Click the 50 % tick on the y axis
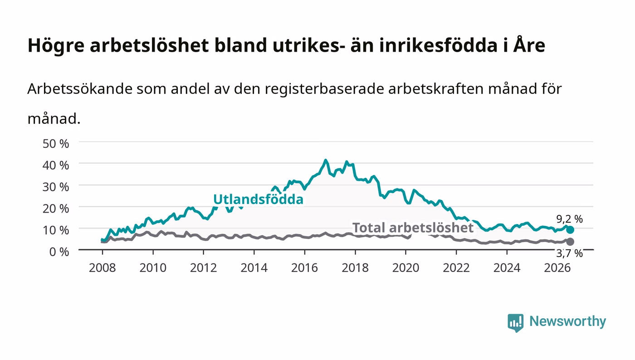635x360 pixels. (x=56, y=144)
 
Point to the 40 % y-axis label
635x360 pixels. (x=56, y=165)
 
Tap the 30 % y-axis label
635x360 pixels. (x=56, y=187)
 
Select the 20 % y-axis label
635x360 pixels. (x=56, y=209)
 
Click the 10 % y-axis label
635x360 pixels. (x=56, y=230)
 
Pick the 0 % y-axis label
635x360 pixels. (x=59, y=252)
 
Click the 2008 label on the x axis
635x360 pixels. (x=103, y=268)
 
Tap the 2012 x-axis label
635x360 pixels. (x=204, y=268)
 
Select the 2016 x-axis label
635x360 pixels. (x=304, y=268)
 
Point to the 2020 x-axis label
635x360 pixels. (x=405, y=268)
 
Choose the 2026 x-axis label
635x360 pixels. (x=557, y=268)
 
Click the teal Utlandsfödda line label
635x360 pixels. (x=258, y=199)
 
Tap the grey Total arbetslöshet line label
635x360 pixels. (x=413, y=228)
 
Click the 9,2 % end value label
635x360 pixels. (x=570, y=219)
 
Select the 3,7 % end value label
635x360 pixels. (x=570, y=253)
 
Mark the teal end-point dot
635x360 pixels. (x=570, y=229)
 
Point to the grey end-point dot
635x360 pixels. (x=570, y=242)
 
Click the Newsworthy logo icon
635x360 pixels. (x=516, y=322)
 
